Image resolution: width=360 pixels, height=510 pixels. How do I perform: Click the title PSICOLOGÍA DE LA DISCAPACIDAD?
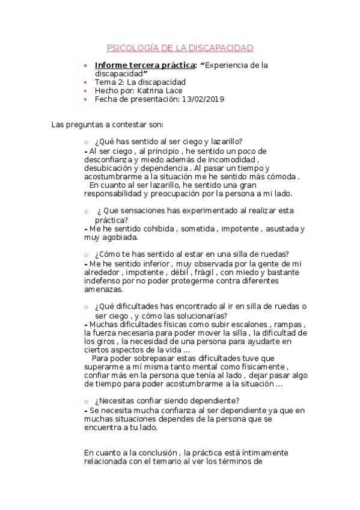click(x=180, y=48)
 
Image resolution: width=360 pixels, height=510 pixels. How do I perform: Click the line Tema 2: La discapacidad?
click(x=140, y=82)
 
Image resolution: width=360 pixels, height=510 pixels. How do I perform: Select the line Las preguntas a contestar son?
click(x=107, y=124)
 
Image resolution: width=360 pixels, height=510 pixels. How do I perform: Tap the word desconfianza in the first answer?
click(x=108, y=160)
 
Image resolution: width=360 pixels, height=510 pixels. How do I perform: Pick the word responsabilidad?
click(x=114, y=194)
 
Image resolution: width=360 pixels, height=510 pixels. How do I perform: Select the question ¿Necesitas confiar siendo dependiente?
click(x=167, y=402)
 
